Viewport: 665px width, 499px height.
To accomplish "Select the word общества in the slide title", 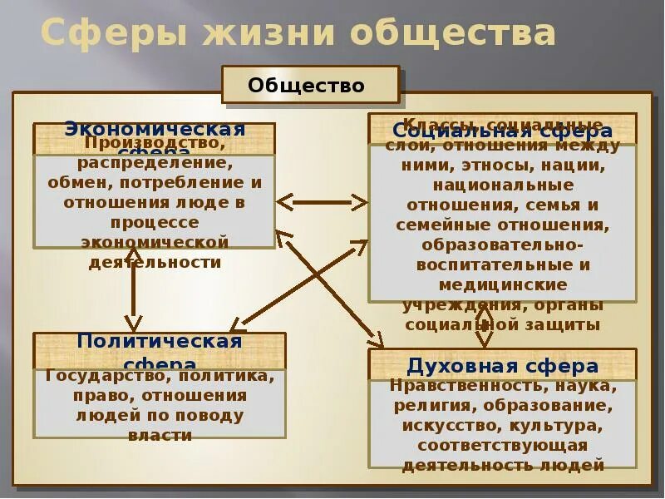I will (452, 33).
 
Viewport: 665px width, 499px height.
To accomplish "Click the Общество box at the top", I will (307, 86).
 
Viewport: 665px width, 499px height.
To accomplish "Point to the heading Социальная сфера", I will (503, 131).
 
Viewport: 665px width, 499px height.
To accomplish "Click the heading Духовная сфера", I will (503, 366).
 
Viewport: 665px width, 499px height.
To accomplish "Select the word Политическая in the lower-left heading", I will (160, 341).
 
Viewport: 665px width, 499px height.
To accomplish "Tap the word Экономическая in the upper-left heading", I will (155, 129).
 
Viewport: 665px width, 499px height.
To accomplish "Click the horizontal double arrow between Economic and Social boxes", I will (321, 202).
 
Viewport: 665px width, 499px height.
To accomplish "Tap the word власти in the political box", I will (160, 435).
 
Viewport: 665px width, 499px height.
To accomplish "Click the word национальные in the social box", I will (503, 185).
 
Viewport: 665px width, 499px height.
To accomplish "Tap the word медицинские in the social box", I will (503, 284).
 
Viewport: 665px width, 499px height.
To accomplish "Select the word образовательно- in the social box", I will (503, 245).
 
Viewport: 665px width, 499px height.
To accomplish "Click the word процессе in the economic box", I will (155, 222).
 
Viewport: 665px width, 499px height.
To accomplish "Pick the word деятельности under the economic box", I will (155, 262).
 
